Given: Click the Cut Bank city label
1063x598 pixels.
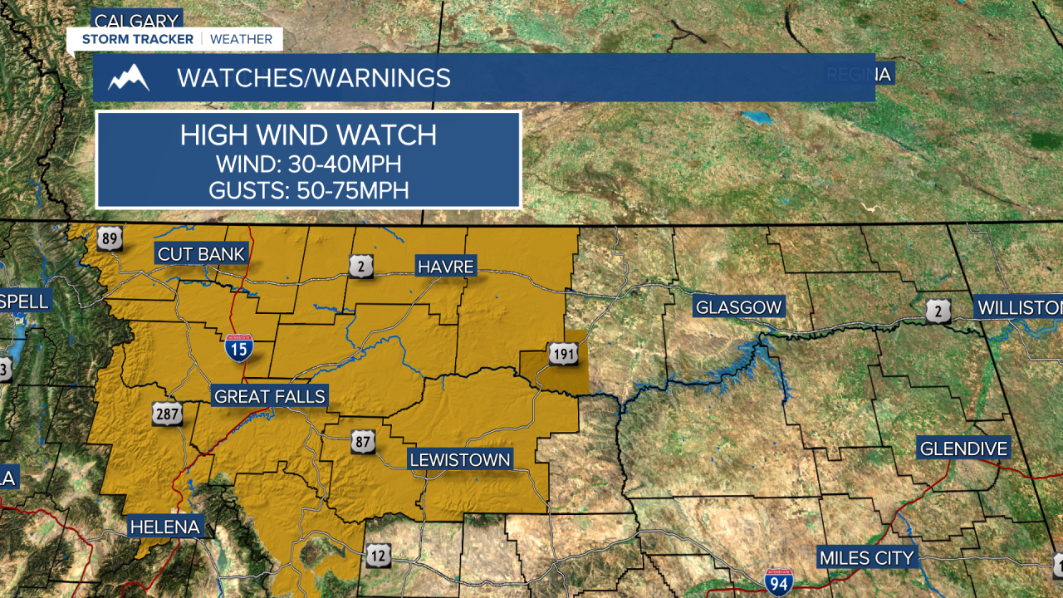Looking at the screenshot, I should (202, 254).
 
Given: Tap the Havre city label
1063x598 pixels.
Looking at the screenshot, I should (446, 267).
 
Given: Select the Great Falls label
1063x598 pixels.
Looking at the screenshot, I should (270, 397).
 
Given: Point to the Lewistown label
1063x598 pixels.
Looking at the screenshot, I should (459, 460).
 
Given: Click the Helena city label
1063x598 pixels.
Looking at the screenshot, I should (164, 527).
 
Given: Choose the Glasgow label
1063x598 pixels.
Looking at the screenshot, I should (739, 307).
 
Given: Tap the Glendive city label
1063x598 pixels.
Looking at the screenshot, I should (963, 449).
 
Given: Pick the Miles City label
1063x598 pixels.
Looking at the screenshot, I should (866, 558).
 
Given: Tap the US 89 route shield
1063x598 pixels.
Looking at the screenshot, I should (109, 239).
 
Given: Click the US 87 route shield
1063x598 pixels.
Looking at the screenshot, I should (362, 440).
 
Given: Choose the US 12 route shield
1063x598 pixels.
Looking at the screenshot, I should (378, 555).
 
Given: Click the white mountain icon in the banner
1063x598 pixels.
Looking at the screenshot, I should (129, 78).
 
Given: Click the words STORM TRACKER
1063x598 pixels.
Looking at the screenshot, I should (138, 39).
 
